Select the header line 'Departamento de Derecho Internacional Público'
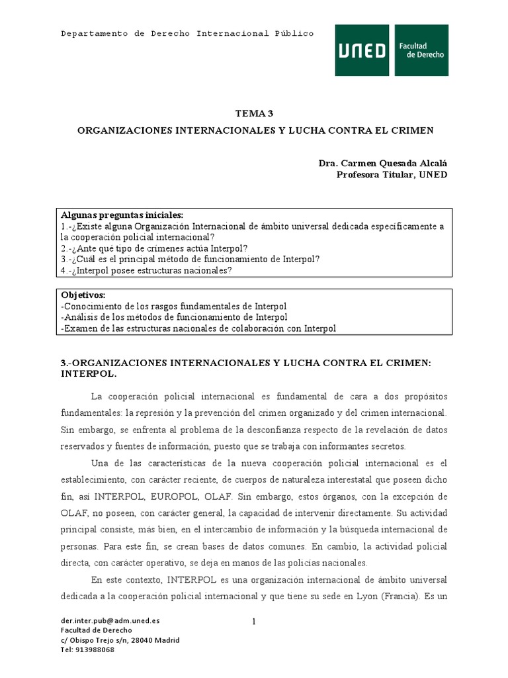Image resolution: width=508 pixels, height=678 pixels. point(187,33)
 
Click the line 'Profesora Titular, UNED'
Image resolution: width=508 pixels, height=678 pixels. point(392,175)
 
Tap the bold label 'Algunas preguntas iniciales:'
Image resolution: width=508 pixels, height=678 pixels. point(122,215)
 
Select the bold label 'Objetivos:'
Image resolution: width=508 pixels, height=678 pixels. point(83,295)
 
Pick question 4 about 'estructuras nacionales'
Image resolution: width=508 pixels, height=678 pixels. point(146,270)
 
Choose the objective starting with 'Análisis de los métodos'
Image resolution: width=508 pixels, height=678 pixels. point(175,317)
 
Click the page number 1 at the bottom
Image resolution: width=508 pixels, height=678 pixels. point(253,621)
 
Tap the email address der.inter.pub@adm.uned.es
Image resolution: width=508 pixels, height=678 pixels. point(110,621)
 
